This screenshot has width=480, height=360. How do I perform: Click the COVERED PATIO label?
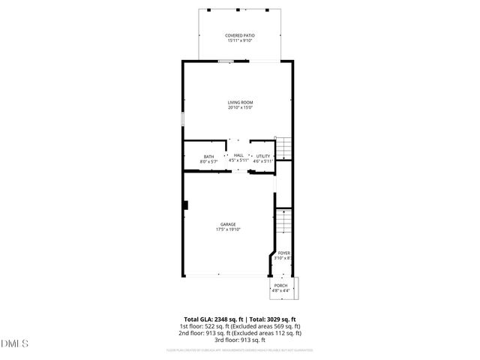click(x=240, y=35)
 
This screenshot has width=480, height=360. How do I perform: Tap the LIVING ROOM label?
click(x=240, y=102)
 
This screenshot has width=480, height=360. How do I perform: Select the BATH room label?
click(x=208, y=156)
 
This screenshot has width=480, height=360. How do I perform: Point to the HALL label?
click(x=238, y=155)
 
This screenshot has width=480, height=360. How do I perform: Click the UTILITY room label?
click(x=262, y=156)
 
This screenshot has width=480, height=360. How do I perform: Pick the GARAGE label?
click(x=228, y=224)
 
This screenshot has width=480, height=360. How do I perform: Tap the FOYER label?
click(x=283, y=253)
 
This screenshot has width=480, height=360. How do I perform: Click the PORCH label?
click(x=280, y=286)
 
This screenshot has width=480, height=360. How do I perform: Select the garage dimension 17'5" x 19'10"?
click(x=228, y=229)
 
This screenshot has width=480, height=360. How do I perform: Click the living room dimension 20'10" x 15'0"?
click(x=240, y=107)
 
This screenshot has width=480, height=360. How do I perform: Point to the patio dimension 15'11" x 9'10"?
click(x=240, y=40)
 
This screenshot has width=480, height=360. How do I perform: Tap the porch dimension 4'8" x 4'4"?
click(x=280, y=291)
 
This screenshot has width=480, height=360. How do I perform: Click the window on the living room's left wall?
click(x=182, y=119)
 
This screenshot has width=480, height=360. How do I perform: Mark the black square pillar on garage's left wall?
click(x=185, y=205)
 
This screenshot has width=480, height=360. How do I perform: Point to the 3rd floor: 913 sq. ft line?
click(x=240, y=340)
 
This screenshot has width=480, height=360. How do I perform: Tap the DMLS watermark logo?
click(x=14, y=344)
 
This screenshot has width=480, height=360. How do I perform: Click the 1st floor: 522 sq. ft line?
click(x=240, y=326)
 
